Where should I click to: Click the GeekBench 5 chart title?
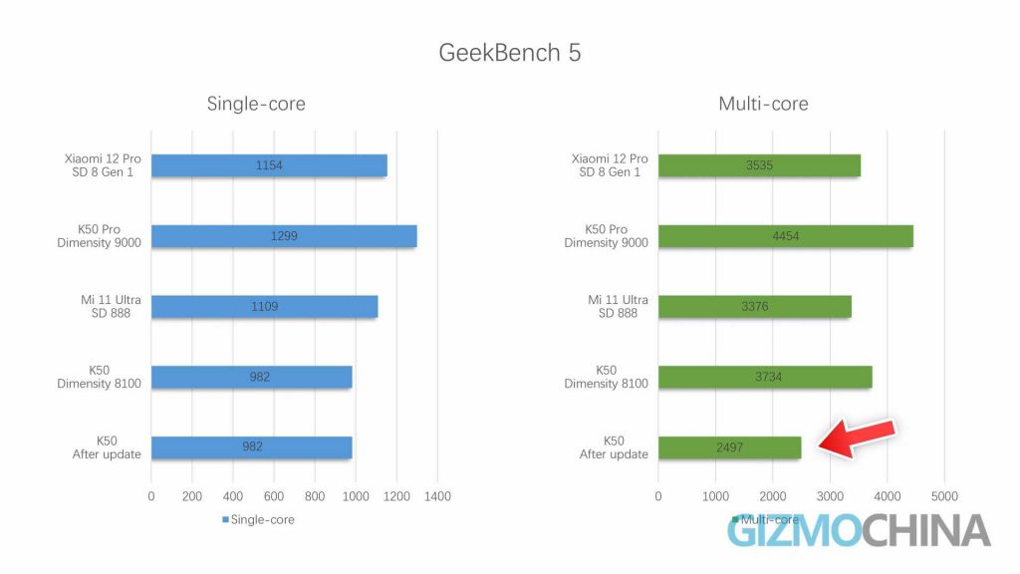tap(509, 52)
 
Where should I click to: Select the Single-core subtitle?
tap(256, 104)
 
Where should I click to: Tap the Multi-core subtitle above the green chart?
tap(763, 104)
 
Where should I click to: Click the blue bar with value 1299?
tap(284, 236)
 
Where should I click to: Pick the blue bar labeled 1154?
tap(269, 165)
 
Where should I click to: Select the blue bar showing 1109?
tap(264, 307)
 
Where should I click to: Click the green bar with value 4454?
tap(785, 236)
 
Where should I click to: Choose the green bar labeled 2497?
tap(729, 447)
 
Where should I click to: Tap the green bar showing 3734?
tap(764, 377)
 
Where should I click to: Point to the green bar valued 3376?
tap(754, 307)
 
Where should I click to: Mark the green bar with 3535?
tap(759, 165)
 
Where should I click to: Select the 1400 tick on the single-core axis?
tap(437, 495)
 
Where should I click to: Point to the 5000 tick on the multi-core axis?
tap(943, 495)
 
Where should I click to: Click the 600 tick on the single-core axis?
tap(274, 495)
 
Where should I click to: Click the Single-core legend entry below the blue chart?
tap(258, 519)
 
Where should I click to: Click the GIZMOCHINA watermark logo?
tap(858, 531)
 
